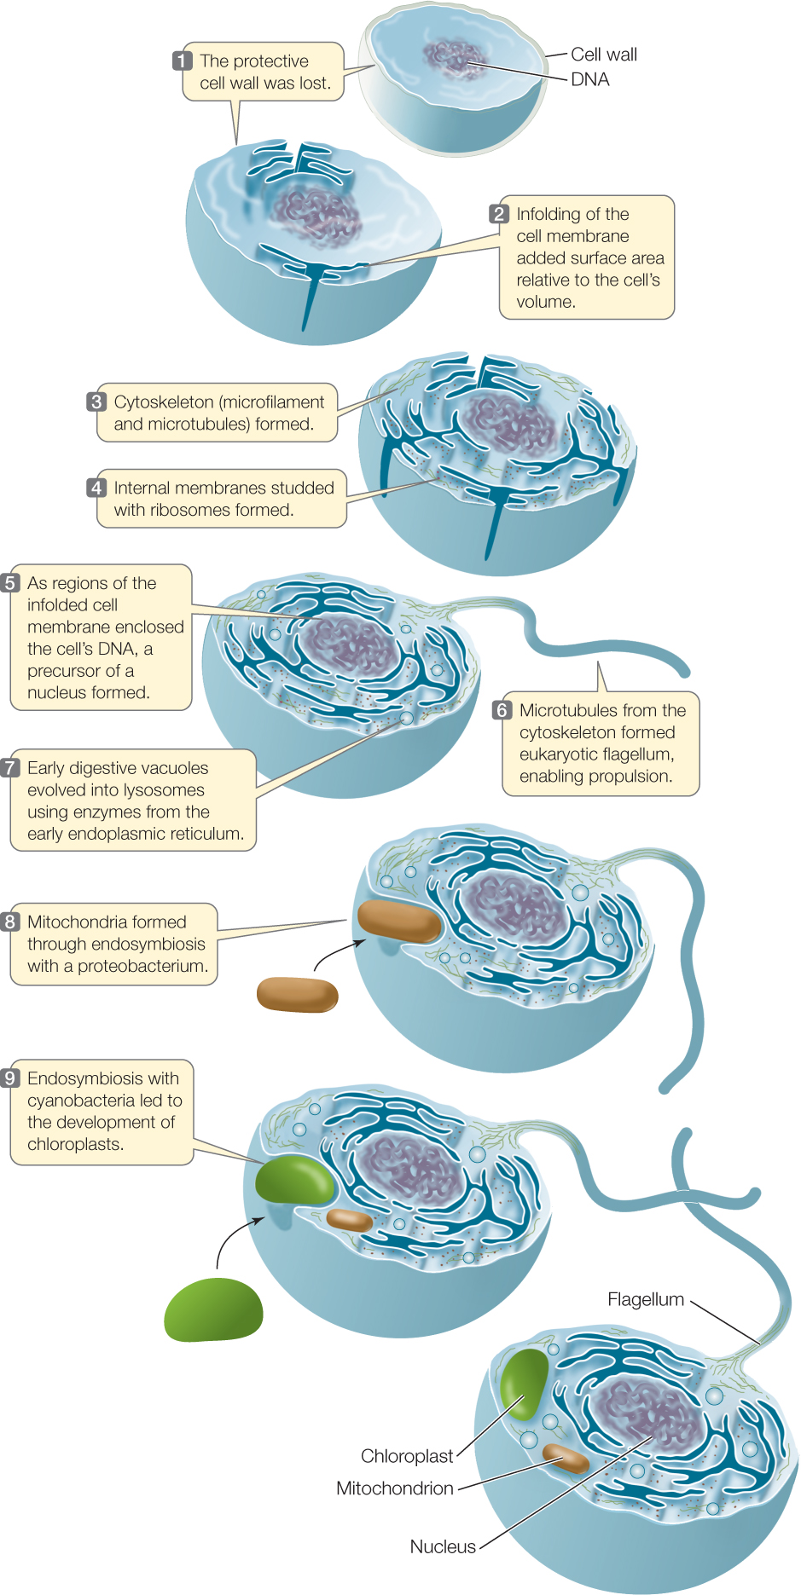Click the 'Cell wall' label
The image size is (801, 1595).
click(x=604, y=55)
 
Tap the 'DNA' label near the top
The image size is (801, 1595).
click(x=590, y=79)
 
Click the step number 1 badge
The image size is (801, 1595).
click(x=182, y=61)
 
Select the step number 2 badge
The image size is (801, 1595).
click(x=499, y=214)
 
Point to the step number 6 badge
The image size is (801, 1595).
click(x=502, y=710)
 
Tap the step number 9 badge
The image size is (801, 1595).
click(x=10, y=1078)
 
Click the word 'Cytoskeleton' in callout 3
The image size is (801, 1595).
click(x=164, y=402)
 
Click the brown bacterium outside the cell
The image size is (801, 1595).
click(x=298, y=995)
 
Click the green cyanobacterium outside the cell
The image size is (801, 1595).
click(x=213, y=1310)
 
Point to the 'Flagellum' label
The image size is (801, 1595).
click(x=646, y=1299)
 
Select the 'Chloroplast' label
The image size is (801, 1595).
click(x=407, y=1456)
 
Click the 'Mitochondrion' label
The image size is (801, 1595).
click(x=395, y=1488)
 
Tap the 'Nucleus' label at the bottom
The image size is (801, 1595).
click(x=443, y=1546)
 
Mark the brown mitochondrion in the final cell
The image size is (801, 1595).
click(x=566, y=1459)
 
